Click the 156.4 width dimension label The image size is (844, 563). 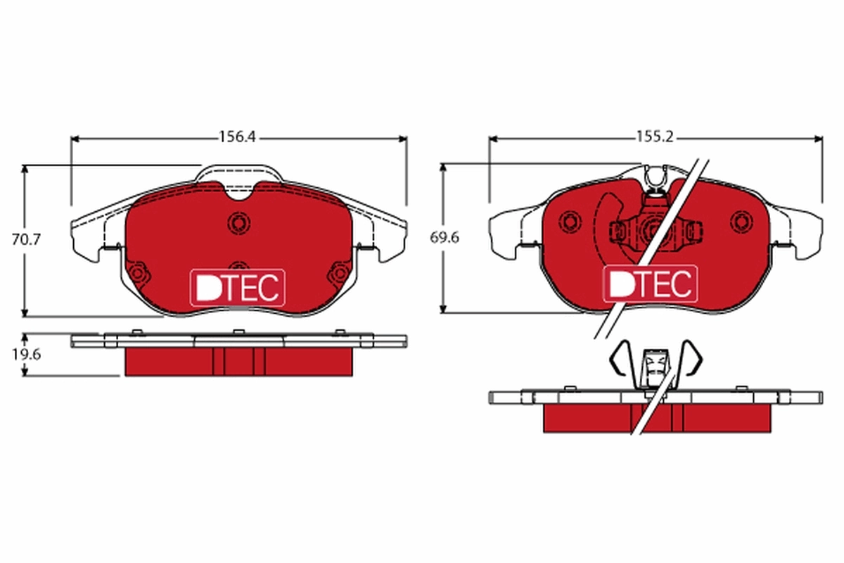(236, 138)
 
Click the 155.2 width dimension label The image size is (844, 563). (655, 138)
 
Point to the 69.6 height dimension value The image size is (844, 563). (445, 238)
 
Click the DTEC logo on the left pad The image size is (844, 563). (238, 287)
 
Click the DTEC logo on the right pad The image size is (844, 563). (651, 284)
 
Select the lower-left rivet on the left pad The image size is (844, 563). (137, 272)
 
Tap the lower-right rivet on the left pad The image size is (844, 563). (339, 272)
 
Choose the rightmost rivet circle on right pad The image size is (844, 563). (740, 222)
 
